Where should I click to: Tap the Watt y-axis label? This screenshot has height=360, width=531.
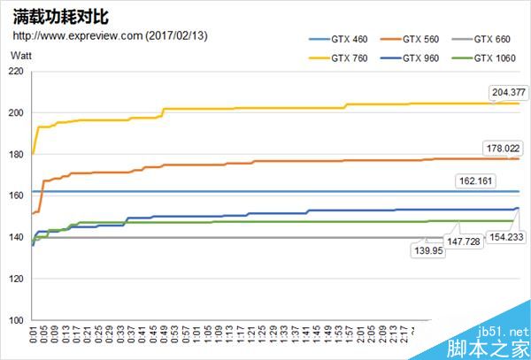21,56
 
